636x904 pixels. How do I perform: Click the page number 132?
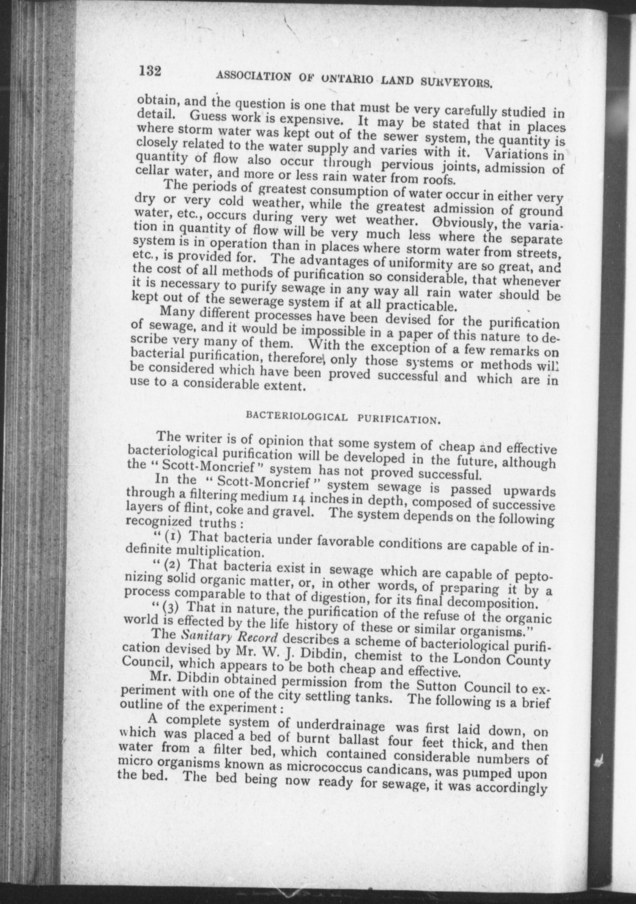pos(150,72)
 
